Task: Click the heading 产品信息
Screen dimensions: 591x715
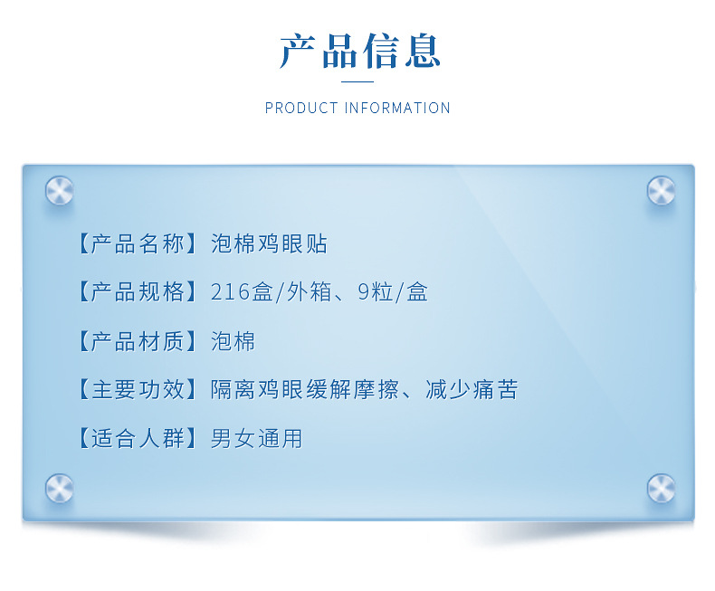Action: pos(358,52)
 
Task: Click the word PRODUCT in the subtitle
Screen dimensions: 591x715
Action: pos(301,108)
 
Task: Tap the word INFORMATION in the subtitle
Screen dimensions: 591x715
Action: pos(397,108)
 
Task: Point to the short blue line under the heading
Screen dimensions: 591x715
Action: pos(357,81)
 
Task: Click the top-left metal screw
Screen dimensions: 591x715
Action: pos(59,191)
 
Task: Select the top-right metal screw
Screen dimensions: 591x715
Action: pos(661,191)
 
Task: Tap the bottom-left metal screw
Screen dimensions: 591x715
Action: pos(59,489)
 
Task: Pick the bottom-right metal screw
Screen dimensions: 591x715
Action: pos(661,489)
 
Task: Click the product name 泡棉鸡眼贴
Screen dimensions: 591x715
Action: pos(269,243)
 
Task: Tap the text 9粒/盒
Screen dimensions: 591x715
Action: pos(393,292)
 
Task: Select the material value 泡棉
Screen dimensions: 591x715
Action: pos(233,341)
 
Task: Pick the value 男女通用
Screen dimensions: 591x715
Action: pos(256,439)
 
